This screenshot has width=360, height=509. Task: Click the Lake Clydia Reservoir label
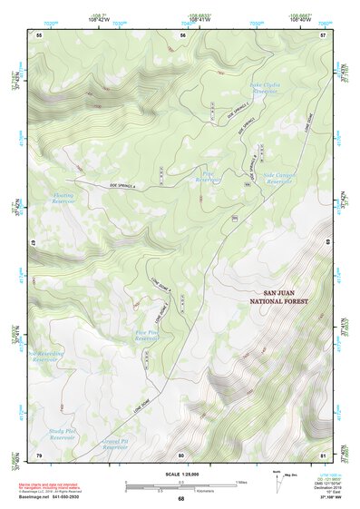click(x=263, y=87)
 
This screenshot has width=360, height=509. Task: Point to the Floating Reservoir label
click(x=63, y=198)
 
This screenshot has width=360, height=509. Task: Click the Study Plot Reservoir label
click(x=62, y=435)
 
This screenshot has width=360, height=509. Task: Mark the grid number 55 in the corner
click(x=39, y=34)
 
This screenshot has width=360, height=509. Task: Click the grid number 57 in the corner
click(x=323, y=34)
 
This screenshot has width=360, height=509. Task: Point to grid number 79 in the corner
click(x=39, y=454)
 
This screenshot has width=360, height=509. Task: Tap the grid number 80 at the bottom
click(x=181, y=454)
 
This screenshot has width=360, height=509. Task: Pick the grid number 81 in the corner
click(x=323, y=454)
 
